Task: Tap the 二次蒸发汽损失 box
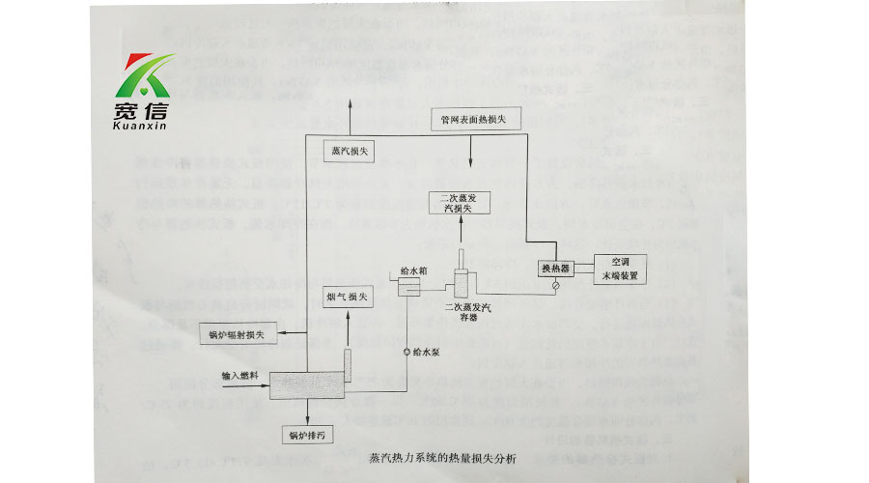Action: [x=460, y=203]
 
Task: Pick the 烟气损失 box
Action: [x=346, y=298]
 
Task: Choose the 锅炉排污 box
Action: [x=307, y=435]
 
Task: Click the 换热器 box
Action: [x=555, y=267]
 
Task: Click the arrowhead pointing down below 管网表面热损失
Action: [x=470, y=170]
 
